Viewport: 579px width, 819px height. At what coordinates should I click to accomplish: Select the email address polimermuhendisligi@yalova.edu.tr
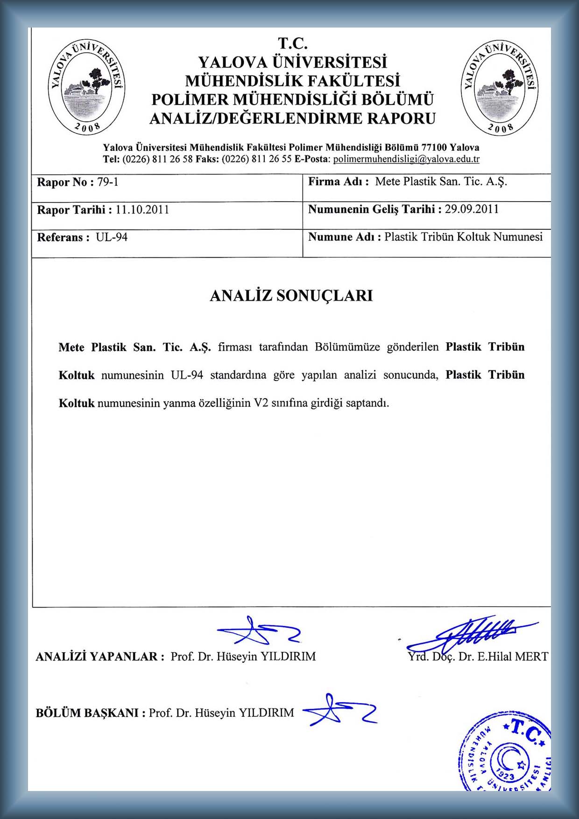[x=406, y=159]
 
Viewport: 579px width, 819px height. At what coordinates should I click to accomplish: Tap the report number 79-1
[x=107, y=182]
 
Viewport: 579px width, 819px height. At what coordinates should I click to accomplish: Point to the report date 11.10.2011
[x=142, y=210]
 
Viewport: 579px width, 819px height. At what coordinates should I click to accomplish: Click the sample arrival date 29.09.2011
[x=471, y=209]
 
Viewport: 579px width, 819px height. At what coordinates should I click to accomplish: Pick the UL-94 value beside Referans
[x=112, y=237]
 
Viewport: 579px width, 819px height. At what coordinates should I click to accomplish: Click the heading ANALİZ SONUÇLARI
[x=291, y=296]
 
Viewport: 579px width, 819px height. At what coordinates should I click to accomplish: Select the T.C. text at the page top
[x=293, y=43]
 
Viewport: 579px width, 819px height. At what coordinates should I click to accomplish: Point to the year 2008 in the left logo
[x=87, y=127]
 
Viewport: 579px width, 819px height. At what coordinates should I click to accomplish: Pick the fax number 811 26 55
[x=271, y=159]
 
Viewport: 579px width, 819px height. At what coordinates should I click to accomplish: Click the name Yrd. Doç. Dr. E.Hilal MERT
[x=478, y=657]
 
